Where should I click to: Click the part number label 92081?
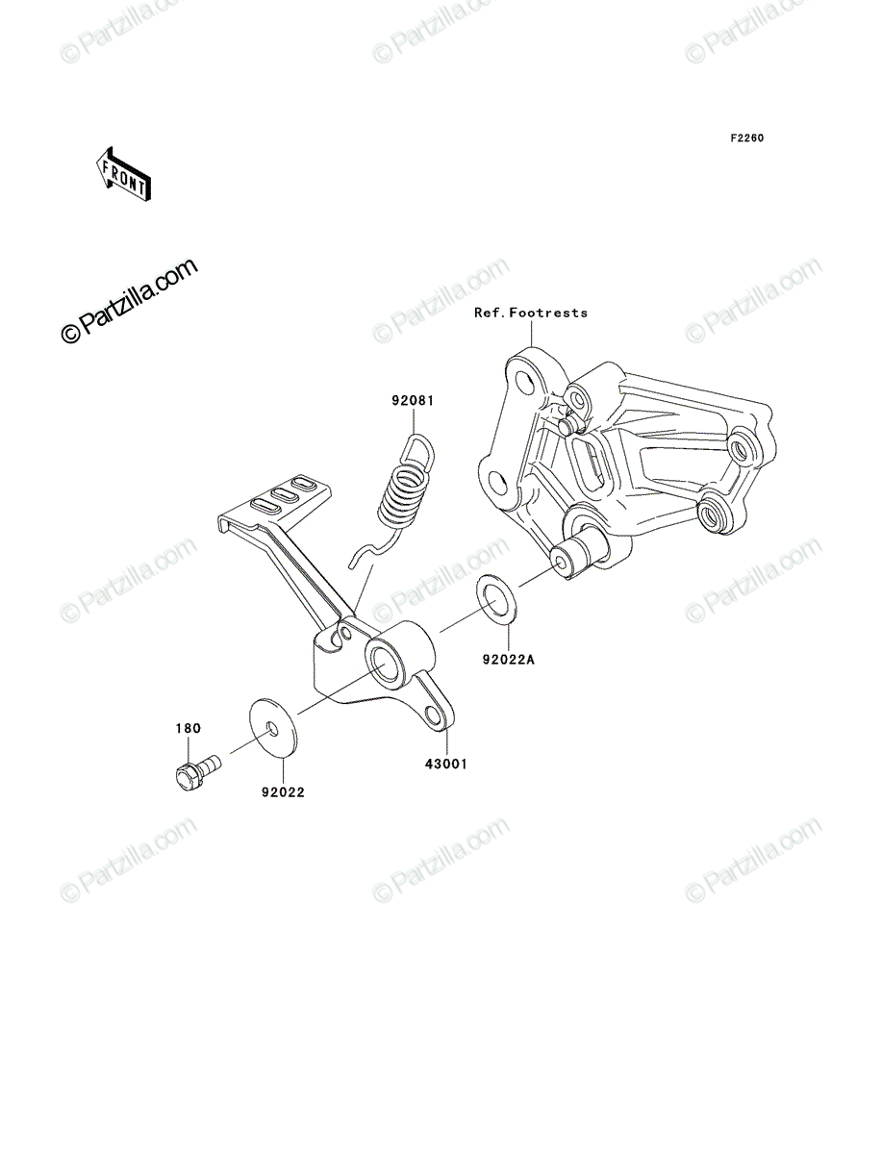point(413,401)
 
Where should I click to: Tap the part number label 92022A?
point(508,659)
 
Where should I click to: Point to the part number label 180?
point(189,728)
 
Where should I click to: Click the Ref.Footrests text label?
point(531,313)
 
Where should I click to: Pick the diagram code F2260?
point(747,138)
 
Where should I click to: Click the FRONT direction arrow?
point(123,175)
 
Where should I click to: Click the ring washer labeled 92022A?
point(496,599)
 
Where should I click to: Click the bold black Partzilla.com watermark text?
point(130,301)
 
